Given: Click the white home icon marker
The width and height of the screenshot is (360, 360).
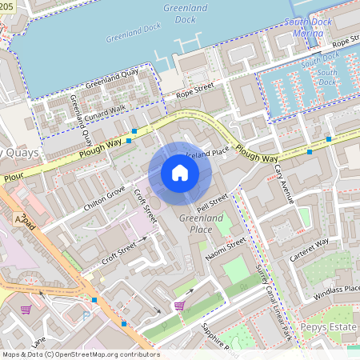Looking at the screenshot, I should (x=180, y=173).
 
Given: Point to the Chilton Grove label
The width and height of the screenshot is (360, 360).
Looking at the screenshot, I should (x=104, y=198).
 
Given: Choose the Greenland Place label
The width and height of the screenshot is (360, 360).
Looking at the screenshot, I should (x=195, y=223).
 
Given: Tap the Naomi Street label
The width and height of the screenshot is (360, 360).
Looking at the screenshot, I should (x=225, y=247).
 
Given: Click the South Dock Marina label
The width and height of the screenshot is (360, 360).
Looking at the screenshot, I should (x=308, y=28).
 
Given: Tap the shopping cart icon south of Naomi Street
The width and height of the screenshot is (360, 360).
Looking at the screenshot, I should (x=180, y=306).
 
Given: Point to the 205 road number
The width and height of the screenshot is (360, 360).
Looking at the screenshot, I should (x=6, y=5).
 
